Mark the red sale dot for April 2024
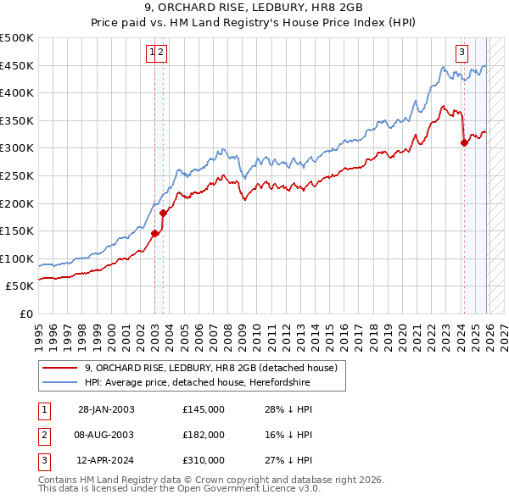pos(464,143)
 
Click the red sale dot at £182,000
pos(162,214)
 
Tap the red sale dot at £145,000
pos(154,234)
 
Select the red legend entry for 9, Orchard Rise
pos(211,368)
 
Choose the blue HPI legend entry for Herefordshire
pos(198,383)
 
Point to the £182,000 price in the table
pos(204,435)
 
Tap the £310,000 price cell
pos(204,460)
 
